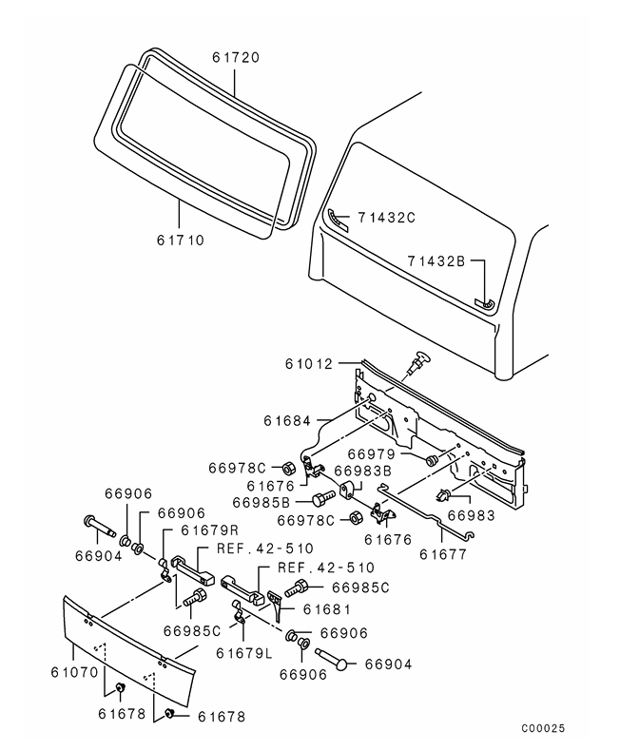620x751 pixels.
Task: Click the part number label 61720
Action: [x=236, y=58]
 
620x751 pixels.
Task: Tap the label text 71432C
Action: [x=387, y=218]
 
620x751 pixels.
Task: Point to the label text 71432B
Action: [x=436, y=260]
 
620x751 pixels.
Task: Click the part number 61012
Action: [x=308, y=363]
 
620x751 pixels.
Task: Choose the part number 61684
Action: [x=289, y=419]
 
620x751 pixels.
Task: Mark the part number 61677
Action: [x=446, y=550]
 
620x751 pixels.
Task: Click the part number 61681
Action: [x=327, y=608]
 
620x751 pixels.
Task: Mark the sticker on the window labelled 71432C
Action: [x=338, y=217]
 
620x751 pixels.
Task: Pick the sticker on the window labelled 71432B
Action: [x=484, y=303]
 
